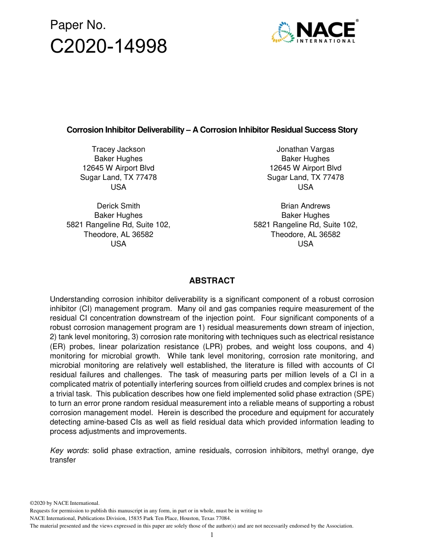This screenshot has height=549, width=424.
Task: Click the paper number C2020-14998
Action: point(108,46)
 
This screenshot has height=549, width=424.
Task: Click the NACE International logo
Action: point(313,32)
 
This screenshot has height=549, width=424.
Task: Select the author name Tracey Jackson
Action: point(118,149)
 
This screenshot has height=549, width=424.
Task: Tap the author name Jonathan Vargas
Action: point(305,149)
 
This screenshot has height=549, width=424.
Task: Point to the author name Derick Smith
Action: point(118,206)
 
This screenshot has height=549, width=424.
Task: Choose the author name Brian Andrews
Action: point(305,206)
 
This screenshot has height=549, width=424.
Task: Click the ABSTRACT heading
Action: point(212,281)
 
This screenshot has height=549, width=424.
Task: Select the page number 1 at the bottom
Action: point(212,535)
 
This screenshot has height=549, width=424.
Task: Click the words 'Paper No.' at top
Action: point(78,25)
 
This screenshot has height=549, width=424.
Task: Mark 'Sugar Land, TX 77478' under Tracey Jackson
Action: point(118,177)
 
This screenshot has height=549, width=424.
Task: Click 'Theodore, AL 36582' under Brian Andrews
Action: point(305,234)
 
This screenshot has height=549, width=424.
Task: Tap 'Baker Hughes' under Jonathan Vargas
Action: point(305,158)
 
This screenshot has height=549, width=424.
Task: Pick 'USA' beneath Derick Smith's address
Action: point(118,244)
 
